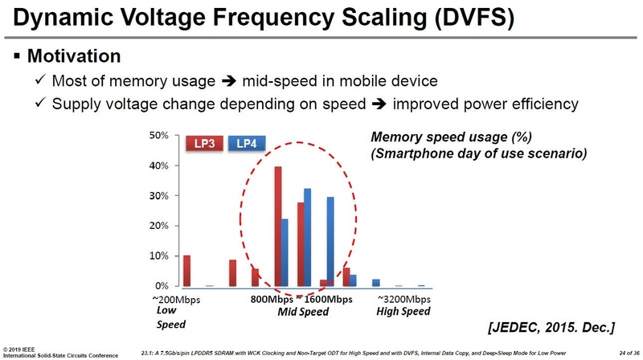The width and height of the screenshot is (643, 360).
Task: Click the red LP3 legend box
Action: coord(203,143)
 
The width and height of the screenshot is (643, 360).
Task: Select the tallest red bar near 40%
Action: coord(278,227)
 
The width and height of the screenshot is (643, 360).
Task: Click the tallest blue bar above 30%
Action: coord(307,237)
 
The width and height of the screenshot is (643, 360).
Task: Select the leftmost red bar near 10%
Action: coord(187,271)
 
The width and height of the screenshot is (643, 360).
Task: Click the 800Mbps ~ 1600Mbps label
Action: coord(301,300)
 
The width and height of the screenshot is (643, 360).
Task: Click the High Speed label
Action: coord(403,312)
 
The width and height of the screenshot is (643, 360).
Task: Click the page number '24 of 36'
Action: coord(624,352)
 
